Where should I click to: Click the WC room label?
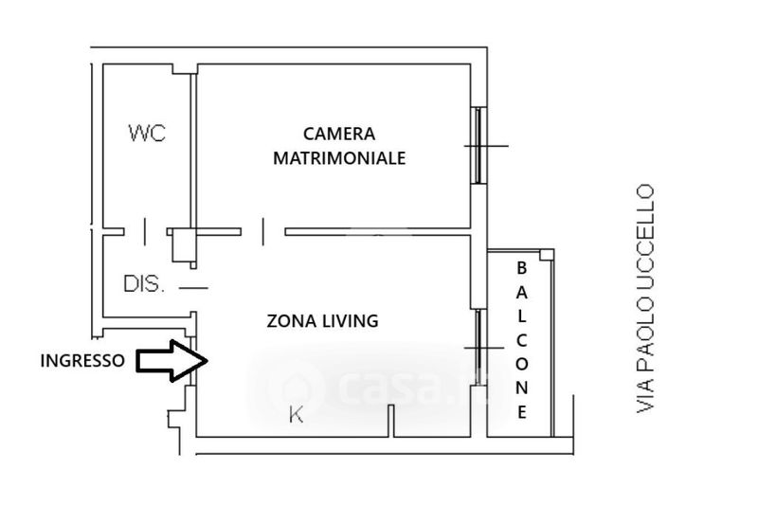[147, 133]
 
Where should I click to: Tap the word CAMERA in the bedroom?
[339, 134]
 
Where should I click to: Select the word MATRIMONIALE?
[339, 158]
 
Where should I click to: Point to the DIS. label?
[144, 283]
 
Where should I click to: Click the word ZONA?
[290, 321]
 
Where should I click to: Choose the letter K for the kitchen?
[296, 415]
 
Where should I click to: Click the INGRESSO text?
[82, 360]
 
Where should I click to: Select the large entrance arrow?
[172, 360]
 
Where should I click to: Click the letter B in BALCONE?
[522, 268]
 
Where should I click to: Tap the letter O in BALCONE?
[522, 364]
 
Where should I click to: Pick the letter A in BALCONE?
[522, 292]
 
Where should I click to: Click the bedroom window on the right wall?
[479, 146]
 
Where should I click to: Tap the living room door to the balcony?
[478, 348]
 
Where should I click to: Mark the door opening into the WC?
[145, 231]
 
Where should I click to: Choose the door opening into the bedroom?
[263, 231]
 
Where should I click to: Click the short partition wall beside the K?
[391, 421]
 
